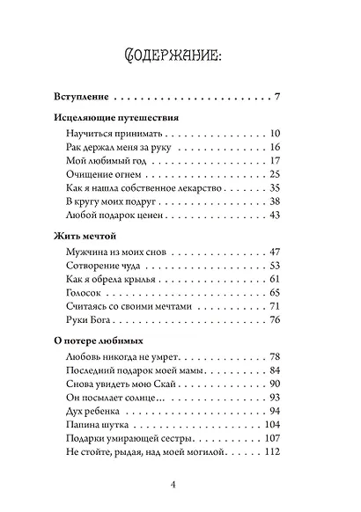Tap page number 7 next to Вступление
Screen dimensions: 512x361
pyautogui.click(x=276, y=97)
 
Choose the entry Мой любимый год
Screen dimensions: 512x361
pyautogui.click(x=102, y=160)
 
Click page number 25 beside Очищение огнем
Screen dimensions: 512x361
pyautogui.click(x=273, y=174)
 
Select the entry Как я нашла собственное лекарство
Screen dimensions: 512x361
pyautogui.click(x=136, y=188)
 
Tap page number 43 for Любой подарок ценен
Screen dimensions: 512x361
pyautogui.click(x=273, y=216)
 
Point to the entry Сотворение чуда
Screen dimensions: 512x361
pyautogui.click(x=99, y=266)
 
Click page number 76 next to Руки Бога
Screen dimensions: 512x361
pyautogui.click(x=273, y=321)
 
